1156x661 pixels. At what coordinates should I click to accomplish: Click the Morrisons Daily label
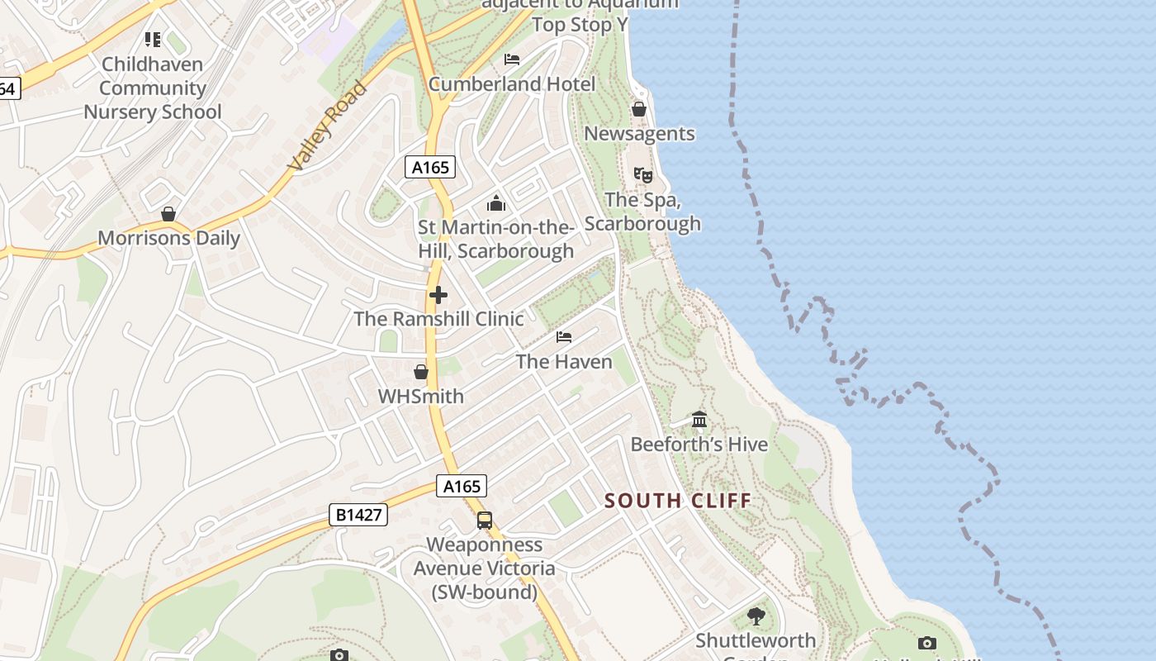(168, 239)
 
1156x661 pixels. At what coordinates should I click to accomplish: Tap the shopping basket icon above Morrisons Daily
(168, 214)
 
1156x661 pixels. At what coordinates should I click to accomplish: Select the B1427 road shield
(358, 515)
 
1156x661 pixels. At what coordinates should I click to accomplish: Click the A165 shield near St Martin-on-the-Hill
(430, 168)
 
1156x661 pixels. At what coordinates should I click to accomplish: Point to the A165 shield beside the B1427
(462, 487)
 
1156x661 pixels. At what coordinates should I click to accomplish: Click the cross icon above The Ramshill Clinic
(438, 294)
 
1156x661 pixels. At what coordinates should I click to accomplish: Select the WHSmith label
(421, 397)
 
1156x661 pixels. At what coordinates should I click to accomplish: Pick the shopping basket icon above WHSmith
(421, 372)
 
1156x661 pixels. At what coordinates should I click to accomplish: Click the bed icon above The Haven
(564, 337)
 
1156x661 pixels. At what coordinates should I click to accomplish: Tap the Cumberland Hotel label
(511, 84)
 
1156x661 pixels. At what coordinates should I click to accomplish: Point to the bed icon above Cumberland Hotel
(512, 59)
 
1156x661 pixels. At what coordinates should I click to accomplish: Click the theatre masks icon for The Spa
(642, 174)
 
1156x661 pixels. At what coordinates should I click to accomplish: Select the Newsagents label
(639, 134)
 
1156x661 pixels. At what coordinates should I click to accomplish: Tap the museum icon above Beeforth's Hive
(699, 420)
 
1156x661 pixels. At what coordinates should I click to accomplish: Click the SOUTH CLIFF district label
(678, 501)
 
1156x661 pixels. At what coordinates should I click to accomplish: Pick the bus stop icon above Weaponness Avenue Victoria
(485, 521)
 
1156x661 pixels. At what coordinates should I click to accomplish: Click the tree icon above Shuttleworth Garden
(756, 616)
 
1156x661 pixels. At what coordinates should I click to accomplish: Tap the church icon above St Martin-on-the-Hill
(496, 202)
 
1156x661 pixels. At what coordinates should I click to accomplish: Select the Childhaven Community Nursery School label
(153, 88)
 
